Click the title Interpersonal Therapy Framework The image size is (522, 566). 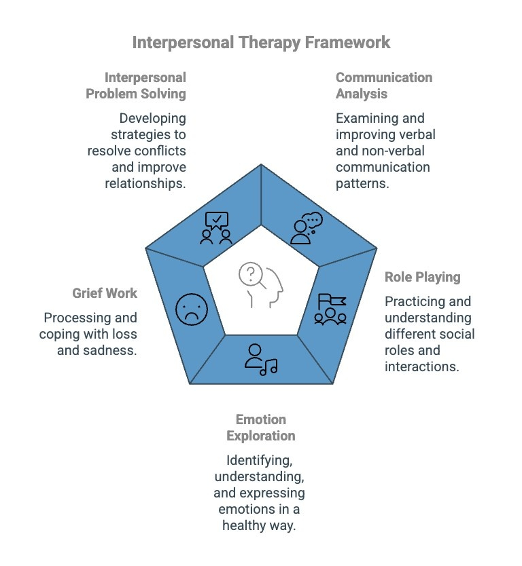pyautogui.click(x=261, y=42)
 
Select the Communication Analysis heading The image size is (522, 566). pyautogui.click(x=383, y=86)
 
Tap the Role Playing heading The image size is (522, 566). pyautogui.click(x=422, y=277)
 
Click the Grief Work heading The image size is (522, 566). pyautogui.click(x=105, y=293)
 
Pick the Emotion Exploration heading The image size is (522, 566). pyautogui.click(x=261, y=427)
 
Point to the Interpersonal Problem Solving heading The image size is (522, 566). pyautogui.click(x=136, y=86)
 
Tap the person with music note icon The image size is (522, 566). pyautogui.click(x=260, y=359)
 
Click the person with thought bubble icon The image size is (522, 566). pyautogui.click(x=305, y=228)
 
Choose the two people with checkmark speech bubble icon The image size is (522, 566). pyautogui.click(x=216, y=228)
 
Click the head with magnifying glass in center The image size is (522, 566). pyautogui.click(x=261, y=286)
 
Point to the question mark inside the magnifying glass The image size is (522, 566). pyautogui.click(x=251, y=273)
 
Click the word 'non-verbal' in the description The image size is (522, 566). pyautogui.click(x=397, y=151)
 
